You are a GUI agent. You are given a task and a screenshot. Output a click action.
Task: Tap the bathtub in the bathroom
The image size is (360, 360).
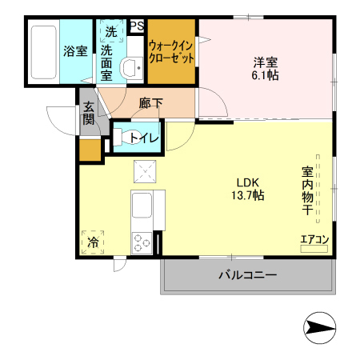(x=43, y=52)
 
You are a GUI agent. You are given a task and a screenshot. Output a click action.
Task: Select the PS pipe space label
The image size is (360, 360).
(x=135, y=26)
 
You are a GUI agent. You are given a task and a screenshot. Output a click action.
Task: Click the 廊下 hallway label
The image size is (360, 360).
(x=150, y=103)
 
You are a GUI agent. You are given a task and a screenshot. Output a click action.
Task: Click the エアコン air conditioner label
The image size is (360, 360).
(x=314, y=239)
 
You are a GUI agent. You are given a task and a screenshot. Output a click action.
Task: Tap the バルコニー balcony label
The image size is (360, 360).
(x=247, y=276)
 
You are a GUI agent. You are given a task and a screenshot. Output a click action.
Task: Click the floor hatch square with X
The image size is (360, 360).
(x=146, y=170)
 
